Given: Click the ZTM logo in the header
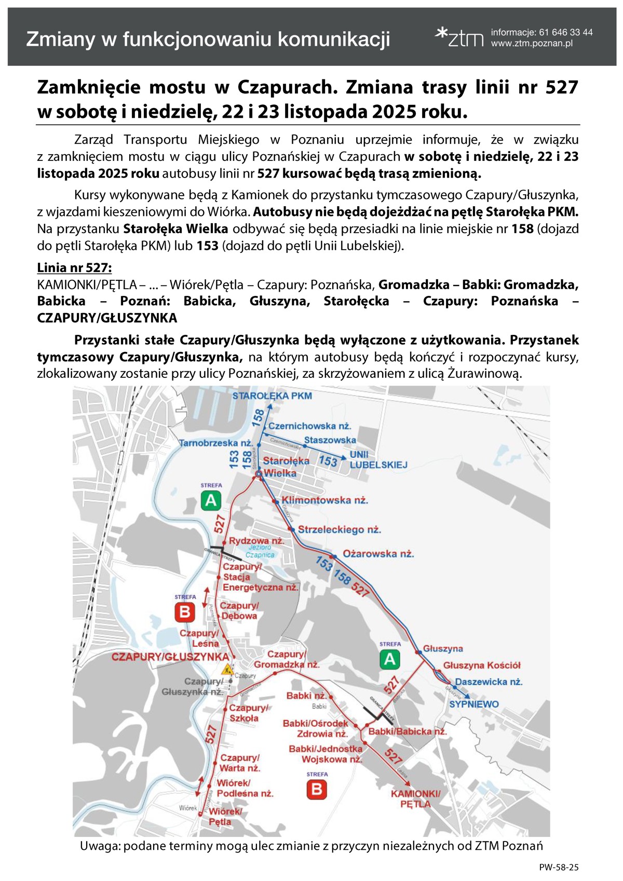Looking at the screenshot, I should pyautogui.click(x=459, y=37).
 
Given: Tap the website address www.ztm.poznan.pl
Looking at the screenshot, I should pyautogui.click(x=532, y=44).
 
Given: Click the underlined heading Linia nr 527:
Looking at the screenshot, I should pyautogui.click(x=74, y=268).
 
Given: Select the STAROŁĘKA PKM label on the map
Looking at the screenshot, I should pyautogui.click(x=272, y=396).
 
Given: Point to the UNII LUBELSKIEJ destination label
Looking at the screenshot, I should pyautogui.click(x=378, y=460).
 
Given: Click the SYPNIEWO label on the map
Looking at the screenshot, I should pyautogui.click(x=473, y=704).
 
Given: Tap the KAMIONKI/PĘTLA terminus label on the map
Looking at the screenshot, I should pyautogui.click(x=415, y=799).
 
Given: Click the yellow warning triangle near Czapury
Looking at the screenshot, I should pyautogui.click(x=226, y=670).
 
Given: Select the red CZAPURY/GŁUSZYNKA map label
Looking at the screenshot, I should pyautogui.click(x=170, y=657).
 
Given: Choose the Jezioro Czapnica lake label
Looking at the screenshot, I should pyautogui.click(x=260, y=551).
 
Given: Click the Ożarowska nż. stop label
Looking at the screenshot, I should pyautogui.click(x=378, y=554).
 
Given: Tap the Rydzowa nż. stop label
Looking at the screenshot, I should pyautogui.click(x=256, y=540).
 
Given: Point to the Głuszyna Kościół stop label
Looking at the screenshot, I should pyautogui.click(x=481, y=666).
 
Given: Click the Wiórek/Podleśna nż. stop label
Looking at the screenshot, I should pyautogui.click(x=245, y=788).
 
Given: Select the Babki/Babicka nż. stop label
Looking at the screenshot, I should pyautogui.click(x=408, y=731).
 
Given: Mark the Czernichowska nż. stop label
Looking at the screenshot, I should pyautogui.click(x=309, y=426).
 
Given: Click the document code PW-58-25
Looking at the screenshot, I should pyautogui.click(x=559, y=867).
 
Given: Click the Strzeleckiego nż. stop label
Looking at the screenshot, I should pyautogui.click(x=339, y=530).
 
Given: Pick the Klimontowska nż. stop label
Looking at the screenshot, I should pyautogui.click(x=324, y=500).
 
